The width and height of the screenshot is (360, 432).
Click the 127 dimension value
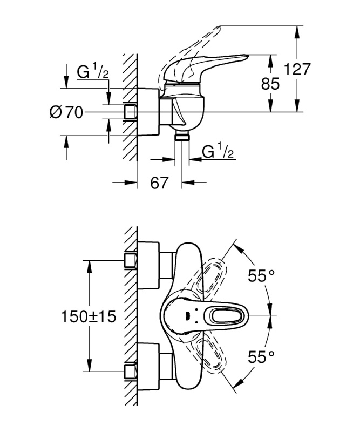coord(297,69)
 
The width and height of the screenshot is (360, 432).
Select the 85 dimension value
coord(270,84)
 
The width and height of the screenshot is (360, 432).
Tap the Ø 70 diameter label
coord(66,112)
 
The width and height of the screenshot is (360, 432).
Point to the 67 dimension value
coord(159,183)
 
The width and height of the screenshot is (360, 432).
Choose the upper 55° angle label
coord(261,275)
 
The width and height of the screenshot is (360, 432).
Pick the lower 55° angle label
coord(261,357)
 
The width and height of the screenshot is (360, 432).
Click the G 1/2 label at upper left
coord(92,72)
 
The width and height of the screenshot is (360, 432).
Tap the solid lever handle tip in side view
coord(247,56)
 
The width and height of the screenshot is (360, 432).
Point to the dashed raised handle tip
coord(218,28)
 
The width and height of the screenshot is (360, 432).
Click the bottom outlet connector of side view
coord(182,136)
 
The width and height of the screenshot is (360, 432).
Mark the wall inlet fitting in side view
coord(130,112)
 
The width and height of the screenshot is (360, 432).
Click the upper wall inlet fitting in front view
coord(130,260)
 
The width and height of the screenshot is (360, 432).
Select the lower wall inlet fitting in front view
coord(130,372)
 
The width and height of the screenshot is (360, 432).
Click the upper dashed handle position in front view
coord(212,276)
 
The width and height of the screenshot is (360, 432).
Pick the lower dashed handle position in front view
coord(212,355)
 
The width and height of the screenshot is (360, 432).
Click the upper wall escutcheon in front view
coord(148,265)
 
